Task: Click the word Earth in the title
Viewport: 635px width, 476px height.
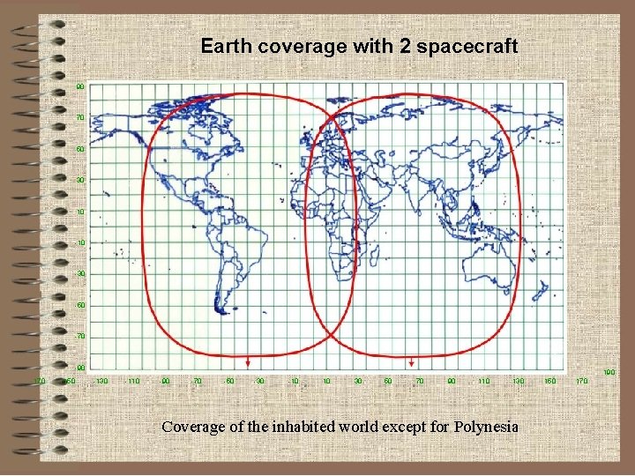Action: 225,46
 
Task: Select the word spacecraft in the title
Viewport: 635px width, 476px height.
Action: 467,46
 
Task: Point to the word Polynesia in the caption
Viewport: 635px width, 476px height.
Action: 487,427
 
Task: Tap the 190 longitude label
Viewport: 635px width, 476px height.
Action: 609,373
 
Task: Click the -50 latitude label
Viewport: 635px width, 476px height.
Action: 80,305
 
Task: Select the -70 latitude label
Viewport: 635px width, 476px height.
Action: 80,336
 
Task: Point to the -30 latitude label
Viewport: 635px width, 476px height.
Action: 80,273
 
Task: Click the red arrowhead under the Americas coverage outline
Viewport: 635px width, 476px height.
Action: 248,362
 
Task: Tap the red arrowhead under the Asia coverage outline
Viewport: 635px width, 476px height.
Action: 411,362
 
